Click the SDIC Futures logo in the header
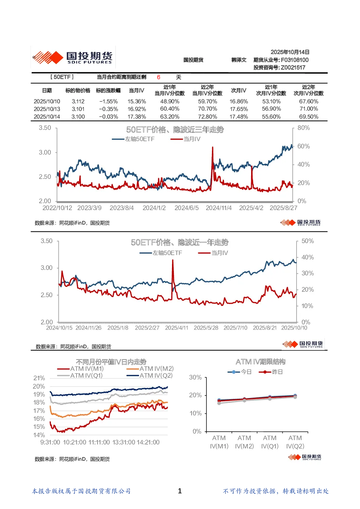tap(73, 57)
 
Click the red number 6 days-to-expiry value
tap(159, 77)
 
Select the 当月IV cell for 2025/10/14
tap(136, 116)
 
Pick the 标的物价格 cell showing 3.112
tap(78, 101)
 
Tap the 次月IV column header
tap(238, 90)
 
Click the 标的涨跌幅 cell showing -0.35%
tap(109, 109)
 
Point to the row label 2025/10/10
tap(47, 101)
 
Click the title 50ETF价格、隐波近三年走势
tap(175, 130)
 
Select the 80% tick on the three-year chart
tap(303, 128)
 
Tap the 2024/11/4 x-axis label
tap(218, 208)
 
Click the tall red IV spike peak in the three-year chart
tap(213, 147)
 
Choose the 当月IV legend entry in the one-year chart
tap(213, 253)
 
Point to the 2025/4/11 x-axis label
tap(177, 328)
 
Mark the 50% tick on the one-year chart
tap(307, 241)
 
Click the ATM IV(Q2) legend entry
tap(150, 375)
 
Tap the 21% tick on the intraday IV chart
tap(39, 378)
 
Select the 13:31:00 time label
tap(124, 442)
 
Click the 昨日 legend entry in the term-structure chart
tap(271, 372)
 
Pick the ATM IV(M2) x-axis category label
tap(244, 442)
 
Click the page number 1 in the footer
tap(180, 491)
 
